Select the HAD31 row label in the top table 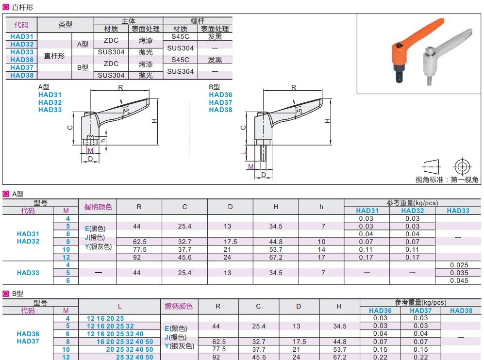tap(22, 36)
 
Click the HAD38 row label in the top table tap(22, 75)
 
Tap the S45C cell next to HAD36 tap(181, 60)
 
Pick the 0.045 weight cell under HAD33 tap(459, 280)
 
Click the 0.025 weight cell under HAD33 tap(459, 265)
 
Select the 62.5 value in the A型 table tap(139, 242)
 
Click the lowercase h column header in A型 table tap(321, 207)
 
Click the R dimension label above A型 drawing tap(120, 87)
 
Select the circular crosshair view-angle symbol tap(462, 165)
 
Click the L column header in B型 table tap(119, 306)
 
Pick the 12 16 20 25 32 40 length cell tap(115, 334)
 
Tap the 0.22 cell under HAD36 tap(381, 357)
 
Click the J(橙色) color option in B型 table tap(179, 337)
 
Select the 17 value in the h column tap(321, 257)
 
